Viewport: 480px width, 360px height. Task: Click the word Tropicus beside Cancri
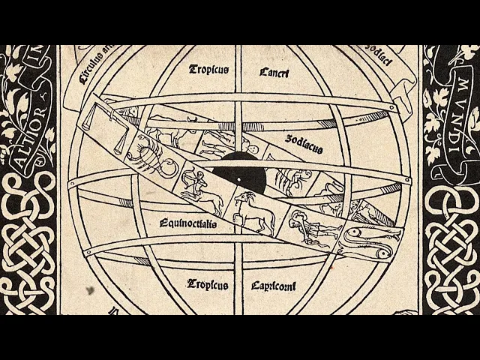coord(208,70)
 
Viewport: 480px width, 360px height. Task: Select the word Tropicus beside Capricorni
coord(208,284)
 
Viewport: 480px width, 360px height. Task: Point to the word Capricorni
coord(274,286)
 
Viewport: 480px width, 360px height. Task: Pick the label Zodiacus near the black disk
coord(304,144)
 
